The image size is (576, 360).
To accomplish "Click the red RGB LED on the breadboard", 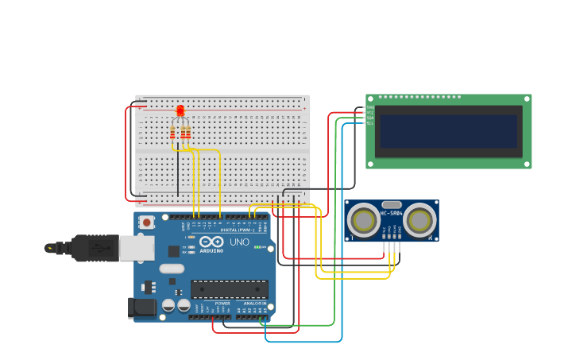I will click(180, 110).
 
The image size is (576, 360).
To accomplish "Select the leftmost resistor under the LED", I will click(172, 133).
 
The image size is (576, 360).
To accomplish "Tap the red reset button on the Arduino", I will click(146, 223).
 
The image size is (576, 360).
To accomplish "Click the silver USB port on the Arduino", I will click(137, 249).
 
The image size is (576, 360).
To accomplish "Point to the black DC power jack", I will click(141, 308).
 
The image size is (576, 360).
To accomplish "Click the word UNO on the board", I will click(239, 242).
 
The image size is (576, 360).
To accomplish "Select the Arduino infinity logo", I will click(211, 242).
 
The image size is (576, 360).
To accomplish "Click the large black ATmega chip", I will click(229, 289).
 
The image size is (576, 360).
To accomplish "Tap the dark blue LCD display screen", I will click(448, 131).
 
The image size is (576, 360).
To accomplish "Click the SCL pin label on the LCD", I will click(369, 124).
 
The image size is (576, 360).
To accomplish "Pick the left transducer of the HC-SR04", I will click(365, 220).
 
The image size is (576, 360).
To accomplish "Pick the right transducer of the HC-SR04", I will click(419, 220).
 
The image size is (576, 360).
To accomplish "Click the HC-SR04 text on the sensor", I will click(391, 213).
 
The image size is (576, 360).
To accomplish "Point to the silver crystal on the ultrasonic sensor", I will click(392, 204).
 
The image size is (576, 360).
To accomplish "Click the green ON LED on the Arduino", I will click(257, 247).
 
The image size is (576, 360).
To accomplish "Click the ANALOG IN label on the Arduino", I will click(254, 304).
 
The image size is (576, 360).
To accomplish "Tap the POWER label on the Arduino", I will click(223, 304).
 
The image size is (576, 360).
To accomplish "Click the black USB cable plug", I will click(95, 249).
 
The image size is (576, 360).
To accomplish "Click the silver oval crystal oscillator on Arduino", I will click(172, 269).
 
